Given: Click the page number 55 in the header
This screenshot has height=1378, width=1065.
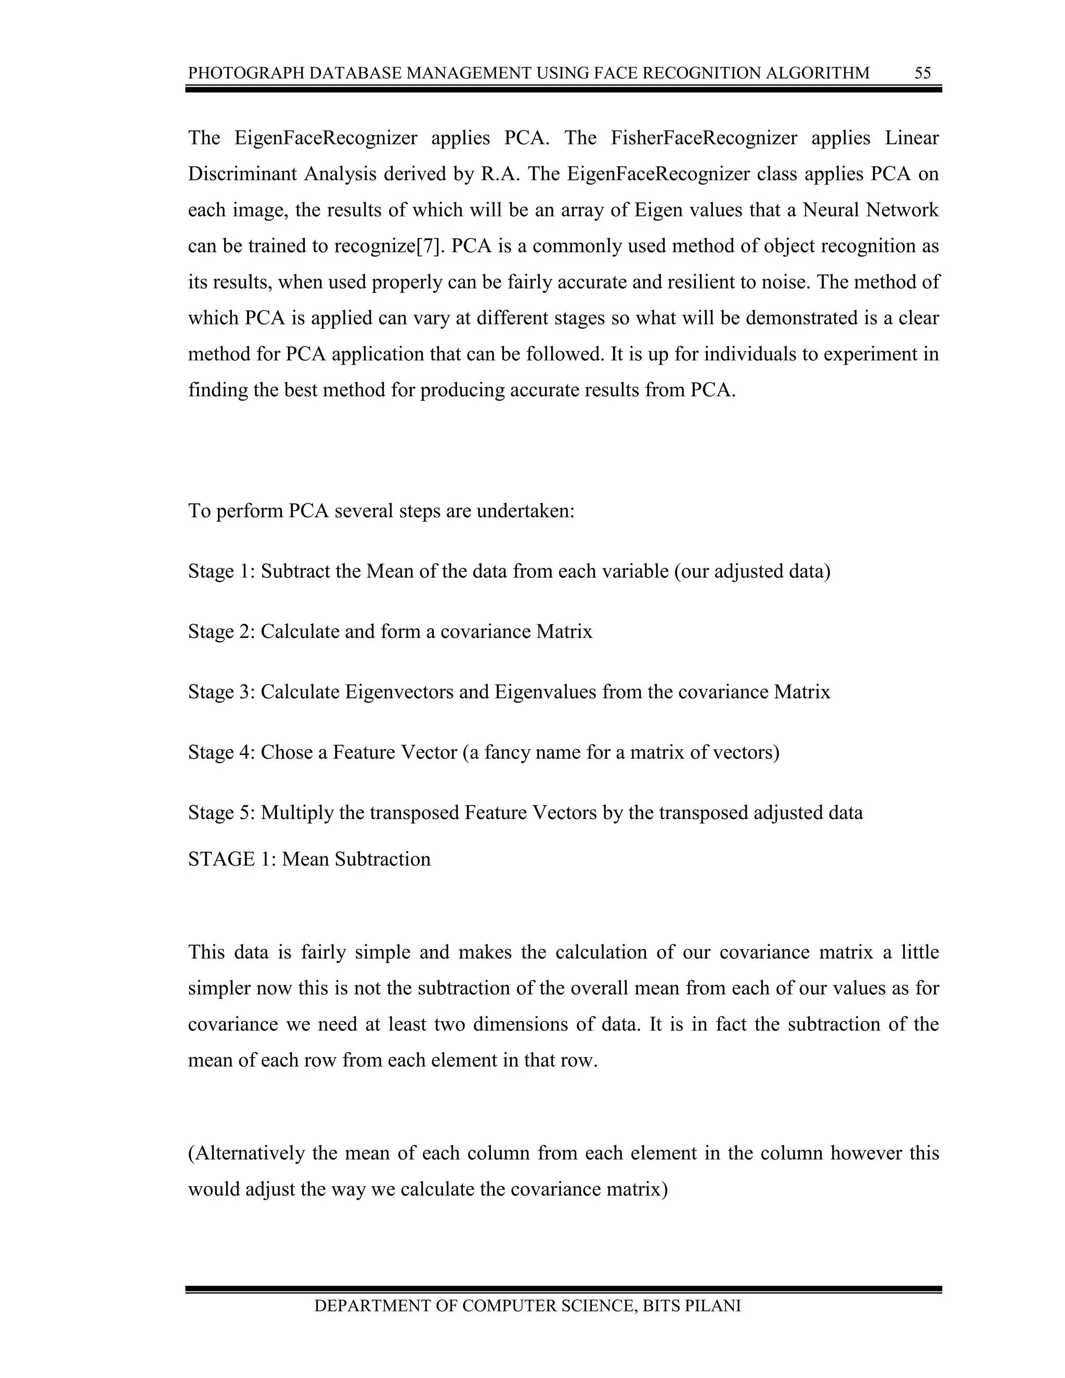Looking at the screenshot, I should pyautogui.click(x=923, y=73).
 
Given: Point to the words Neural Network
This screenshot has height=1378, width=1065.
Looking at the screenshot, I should pyautogui.click(x=871, y=210).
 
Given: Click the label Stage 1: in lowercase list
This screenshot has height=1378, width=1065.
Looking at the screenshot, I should pyautogui.click(x=221, y=571).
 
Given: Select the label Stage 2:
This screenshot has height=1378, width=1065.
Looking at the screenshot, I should pyautogui.click(x=221, y=632).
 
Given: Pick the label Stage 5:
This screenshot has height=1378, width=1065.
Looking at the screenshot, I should pyautogui.click(x=221, y=813).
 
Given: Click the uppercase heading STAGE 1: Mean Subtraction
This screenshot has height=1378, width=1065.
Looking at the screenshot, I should pyautogui.click(x=309, y=860).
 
